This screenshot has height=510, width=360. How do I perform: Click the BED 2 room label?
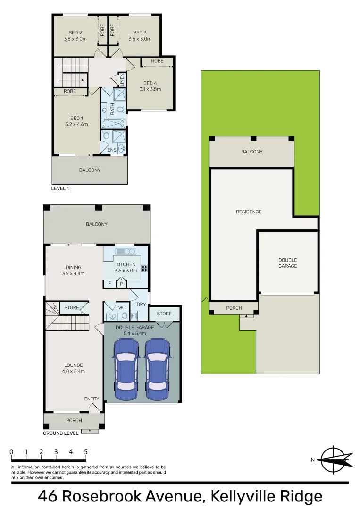[x=75, y=33]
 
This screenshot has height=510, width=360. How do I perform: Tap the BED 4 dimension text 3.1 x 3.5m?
[x=150, y=89]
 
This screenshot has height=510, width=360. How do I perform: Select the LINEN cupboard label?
[x=121, y=80]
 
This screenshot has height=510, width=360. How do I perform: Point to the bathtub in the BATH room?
[x=113, y=124]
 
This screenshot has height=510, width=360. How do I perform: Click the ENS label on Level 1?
[x=112, y=150]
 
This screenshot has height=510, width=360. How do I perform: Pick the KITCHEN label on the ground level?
[x=126, y=264]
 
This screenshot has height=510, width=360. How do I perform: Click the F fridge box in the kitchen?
[x=109, y=284]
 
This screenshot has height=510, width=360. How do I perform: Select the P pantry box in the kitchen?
[x=121, y=284]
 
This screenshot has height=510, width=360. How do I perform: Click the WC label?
[x=121, y=307]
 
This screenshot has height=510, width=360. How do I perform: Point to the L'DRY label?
[x=139, y=304]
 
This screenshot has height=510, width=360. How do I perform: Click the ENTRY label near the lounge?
[x=92, y=399]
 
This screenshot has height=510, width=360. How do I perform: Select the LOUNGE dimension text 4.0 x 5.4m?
[x=73, y=371]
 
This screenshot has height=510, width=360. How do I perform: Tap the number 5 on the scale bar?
[x=86, y=452]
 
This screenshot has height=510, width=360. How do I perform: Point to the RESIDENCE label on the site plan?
[x=249, y=212]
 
